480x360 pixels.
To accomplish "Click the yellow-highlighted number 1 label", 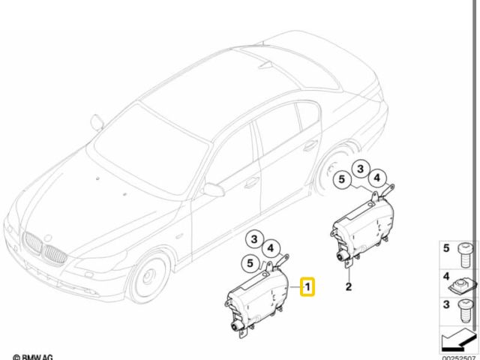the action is click(x=307, y=286).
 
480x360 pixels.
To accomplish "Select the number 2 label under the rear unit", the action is click(x=349, y=286).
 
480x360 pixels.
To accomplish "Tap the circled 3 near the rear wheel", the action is click(x=360, y=169).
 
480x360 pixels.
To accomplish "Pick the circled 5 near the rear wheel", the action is click(x=342, y=179).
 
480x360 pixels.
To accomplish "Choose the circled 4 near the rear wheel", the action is click(x=376, y=178).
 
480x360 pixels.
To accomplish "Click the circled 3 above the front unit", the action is click(x=254, y=239).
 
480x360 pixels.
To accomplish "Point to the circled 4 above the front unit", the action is click(x=271, y=248).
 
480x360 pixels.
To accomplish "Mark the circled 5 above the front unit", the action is click(x=250, y=263).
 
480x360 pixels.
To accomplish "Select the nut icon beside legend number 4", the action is click(x=463, y=286).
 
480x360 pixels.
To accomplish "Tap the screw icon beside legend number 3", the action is click(x=465, y=311).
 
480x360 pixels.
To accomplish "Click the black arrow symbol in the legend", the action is click(x=458, y=340).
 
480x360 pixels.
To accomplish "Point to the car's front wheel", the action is click(x=149, y=277).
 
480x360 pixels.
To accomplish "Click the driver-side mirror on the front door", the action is click(x=214, y=190).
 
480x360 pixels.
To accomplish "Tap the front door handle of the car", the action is click(x=252, y=182).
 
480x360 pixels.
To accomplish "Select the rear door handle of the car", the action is click(x=310, y=146).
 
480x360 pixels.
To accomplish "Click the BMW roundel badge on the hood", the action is click(x=48, y=238).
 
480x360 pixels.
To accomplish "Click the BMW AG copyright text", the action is click(x=33, y=357).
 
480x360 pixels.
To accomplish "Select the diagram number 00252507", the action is click(x=459, y=357).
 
